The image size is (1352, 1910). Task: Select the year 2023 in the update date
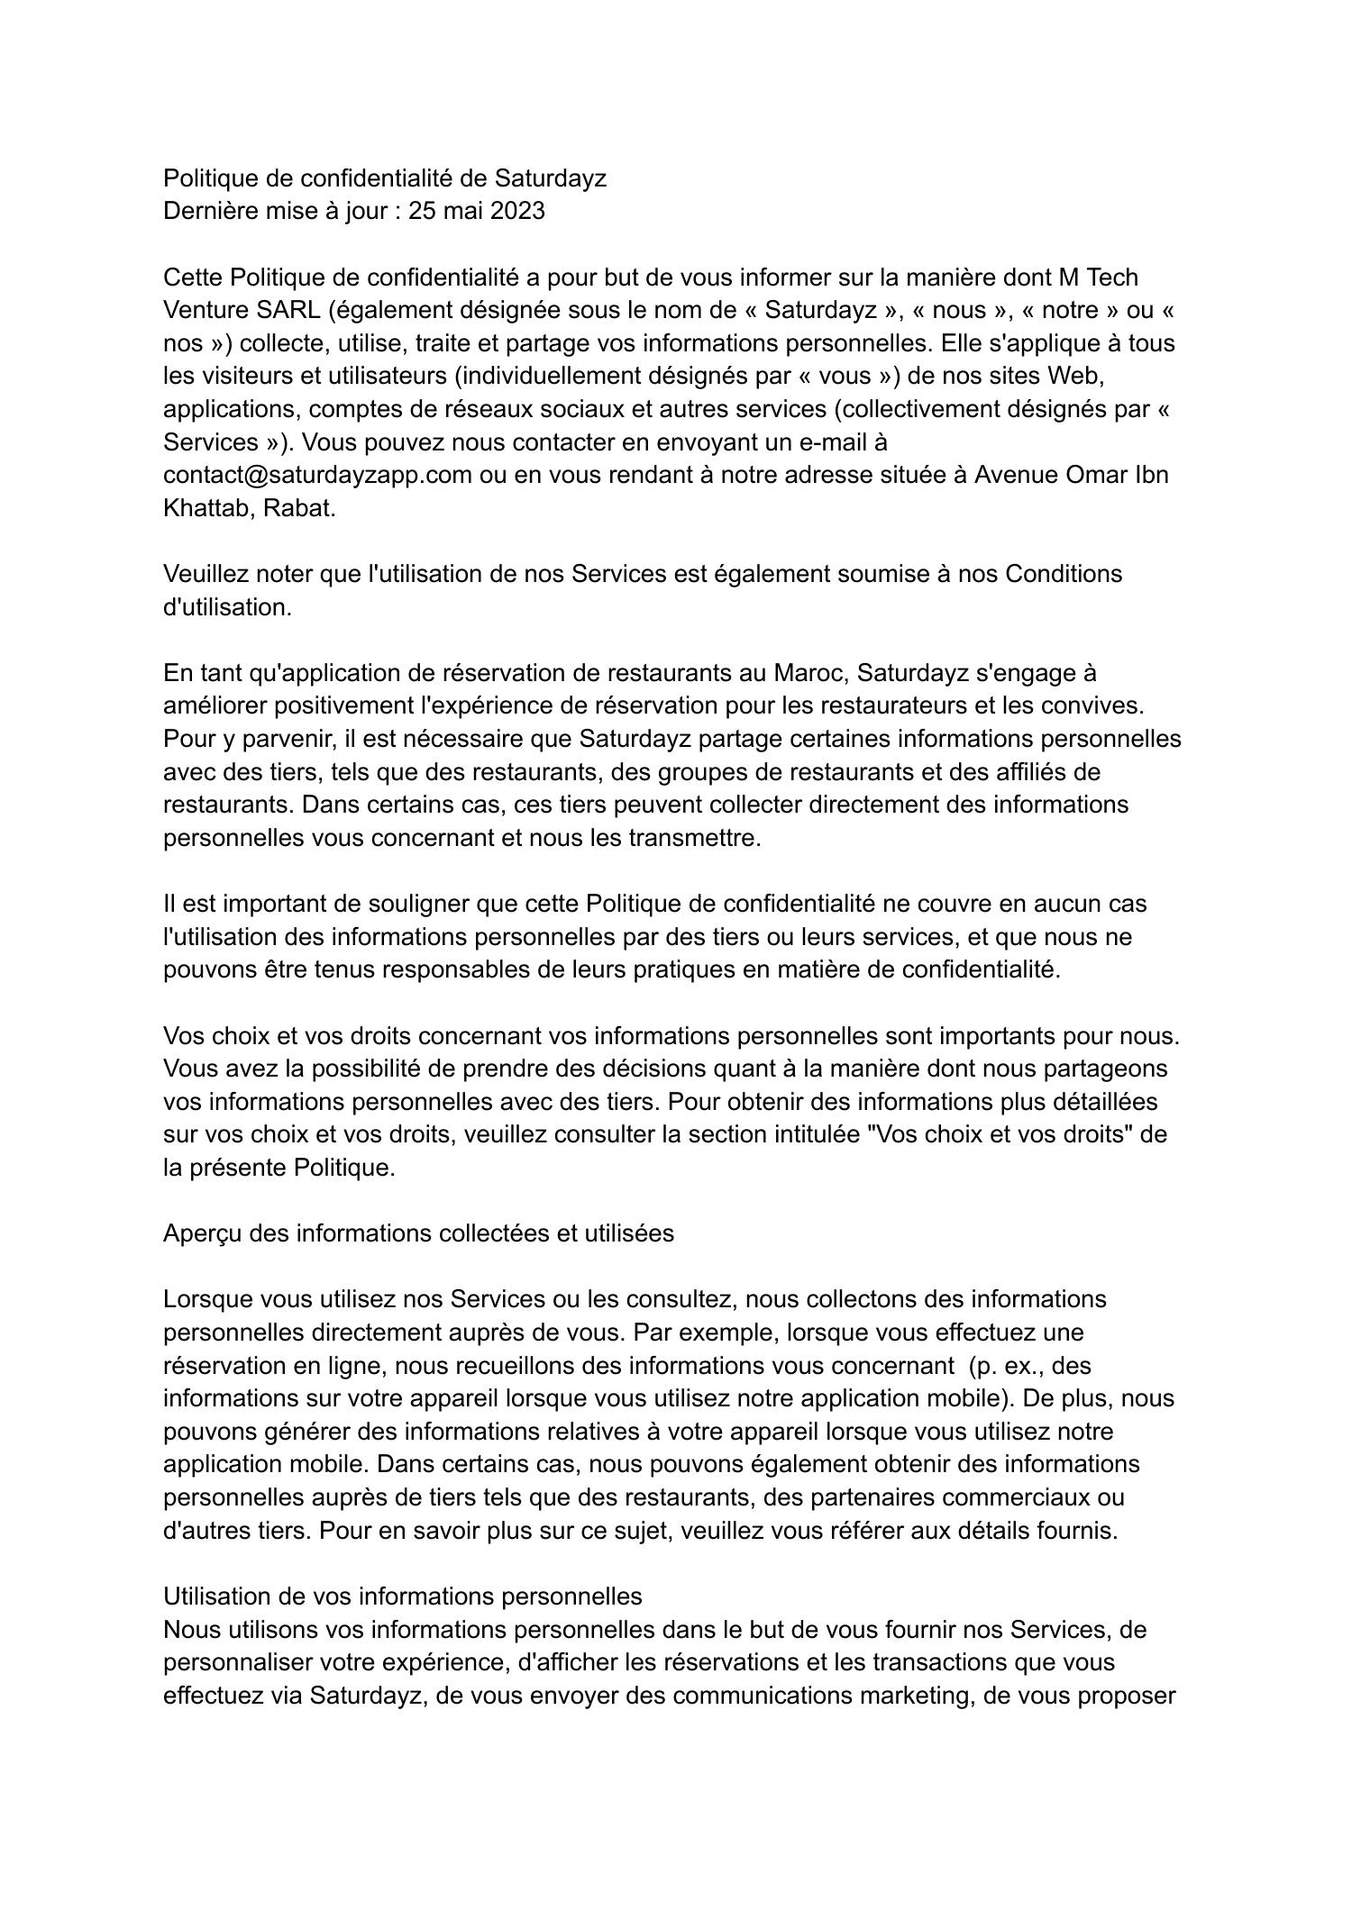pos(517,211)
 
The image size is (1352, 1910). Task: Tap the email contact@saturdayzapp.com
pos(317,475)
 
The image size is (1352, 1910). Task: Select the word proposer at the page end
pos(1127,1696)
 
